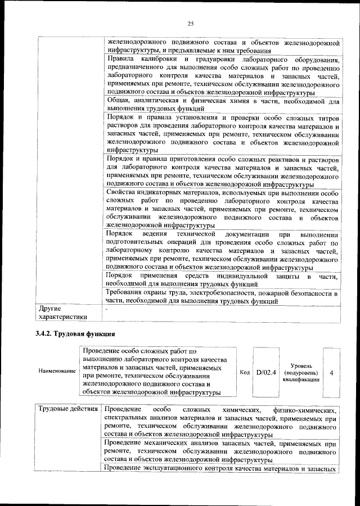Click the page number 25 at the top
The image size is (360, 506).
(190, 23)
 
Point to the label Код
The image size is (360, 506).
(245, 372)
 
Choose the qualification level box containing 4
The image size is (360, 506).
(331, 372)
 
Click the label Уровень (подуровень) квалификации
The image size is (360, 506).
(300, 372)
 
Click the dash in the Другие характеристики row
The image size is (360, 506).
(106, 309)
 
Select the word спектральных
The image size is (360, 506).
(128, 419)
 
